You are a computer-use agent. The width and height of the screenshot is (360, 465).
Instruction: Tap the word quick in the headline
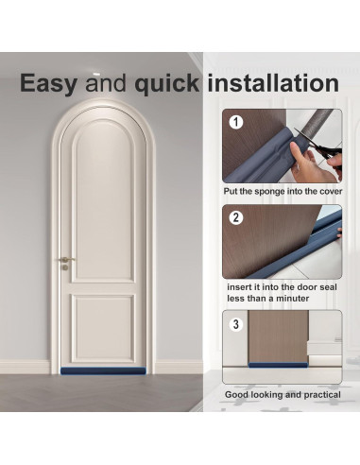click(x=167, y=83)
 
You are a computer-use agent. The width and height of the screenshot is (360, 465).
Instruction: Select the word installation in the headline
click(x=271, y=83)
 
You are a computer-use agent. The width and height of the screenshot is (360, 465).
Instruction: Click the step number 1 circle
click(x=236, y=122)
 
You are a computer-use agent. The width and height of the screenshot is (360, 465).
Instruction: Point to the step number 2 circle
click(x=236, y=217)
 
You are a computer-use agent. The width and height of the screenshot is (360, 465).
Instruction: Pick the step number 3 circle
click(x=236, y=324)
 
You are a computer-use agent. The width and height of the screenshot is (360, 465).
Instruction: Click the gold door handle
click(x=66, y=259)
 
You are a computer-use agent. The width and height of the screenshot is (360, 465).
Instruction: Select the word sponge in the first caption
click(x=274, y=192)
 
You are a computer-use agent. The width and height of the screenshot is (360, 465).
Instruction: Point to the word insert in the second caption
click(x=239, y=285)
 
